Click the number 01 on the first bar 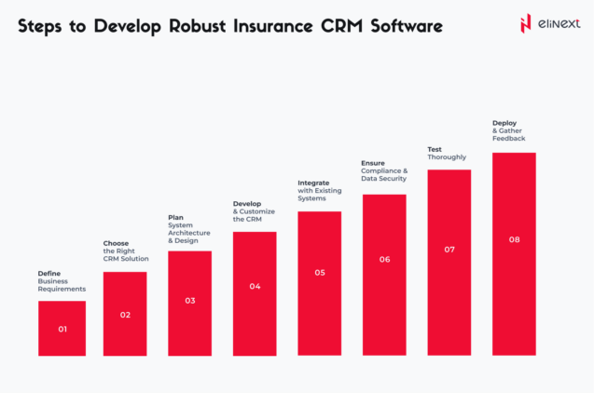62,329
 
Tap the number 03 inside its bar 190,301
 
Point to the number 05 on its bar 320,273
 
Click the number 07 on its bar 449,250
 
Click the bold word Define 49,272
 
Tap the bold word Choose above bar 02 116,243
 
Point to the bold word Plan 175,217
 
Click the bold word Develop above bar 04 247,203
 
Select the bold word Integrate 313,183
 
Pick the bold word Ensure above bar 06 373,163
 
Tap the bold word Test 435,149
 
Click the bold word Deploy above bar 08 504,123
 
